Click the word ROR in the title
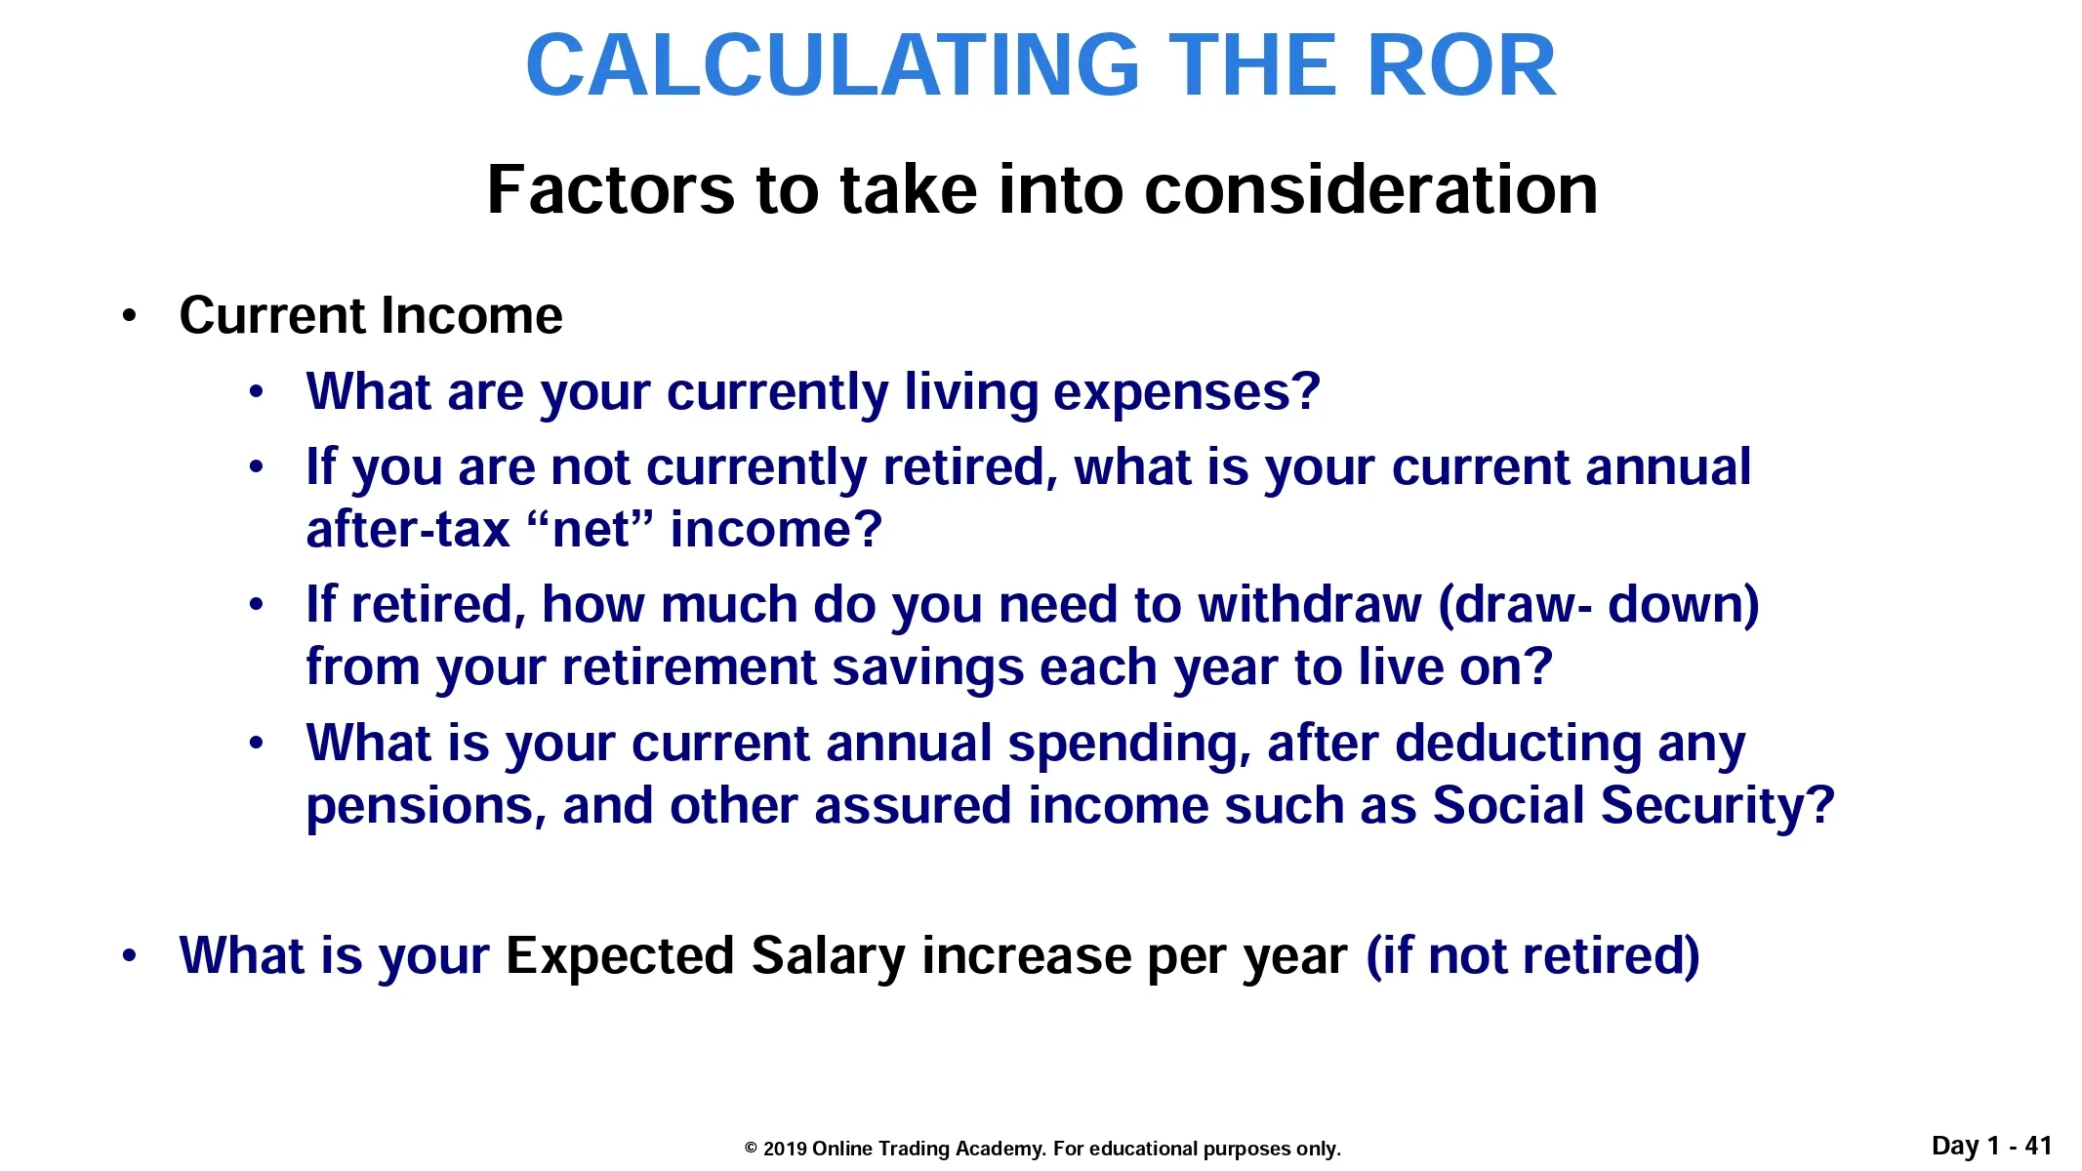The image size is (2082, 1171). (x=1461, y=65)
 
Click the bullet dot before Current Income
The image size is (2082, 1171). (x=129, y=316)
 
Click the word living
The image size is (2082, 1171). (x=970, y=393)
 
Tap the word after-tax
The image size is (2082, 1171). (x=408, y=529)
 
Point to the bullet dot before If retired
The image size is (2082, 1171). (x=256, y=605)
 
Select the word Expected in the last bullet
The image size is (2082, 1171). (x=620, y=956)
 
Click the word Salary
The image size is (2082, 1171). (x=829, y=956)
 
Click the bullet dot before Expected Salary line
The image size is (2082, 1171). (x=129, y=956)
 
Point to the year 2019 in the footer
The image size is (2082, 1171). (x=784, y=1149)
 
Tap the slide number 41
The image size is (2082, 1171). (x=2038, y=1146)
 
